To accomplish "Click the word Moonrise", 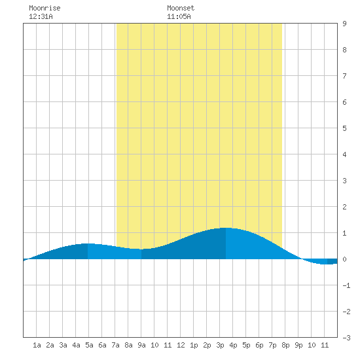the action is click(45, 8).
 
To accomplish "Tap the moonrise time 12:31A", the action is click(41, 16).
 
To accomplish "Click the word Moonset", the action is click(181, 8).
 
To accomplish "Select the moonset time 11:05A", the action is click(179, 16).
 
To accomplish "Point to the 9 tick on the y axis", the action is click(344, 24).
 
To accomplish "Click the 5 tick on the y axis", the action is click(344, 128).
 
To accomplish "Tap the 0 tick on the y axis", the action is click(344, 259).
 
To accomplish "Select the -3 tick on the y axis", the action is click(346, 338).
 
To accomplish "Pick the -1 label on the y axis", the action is click(346, 285).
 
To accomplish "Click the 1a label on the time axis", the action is click(37, 345).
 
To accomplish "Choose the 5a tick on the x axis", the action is click(89, 345).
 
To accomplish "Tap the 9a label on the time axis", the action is click(141, 345).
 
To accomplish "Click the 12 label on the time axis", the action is click(181, 345).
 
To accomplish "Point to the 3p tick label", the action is click(220, 345).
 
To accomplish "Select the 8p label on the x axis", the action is click(285, 345).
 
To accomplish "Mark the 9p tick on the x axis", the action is click(298, 345).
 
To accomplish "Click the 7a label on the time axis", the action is click(115, 345).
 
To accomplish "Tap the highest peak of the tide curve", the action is click(226, 228).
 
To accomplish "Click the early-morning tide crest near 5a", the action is click(88, 243).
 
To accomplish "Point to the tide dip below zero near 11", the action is click(327, 264).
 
